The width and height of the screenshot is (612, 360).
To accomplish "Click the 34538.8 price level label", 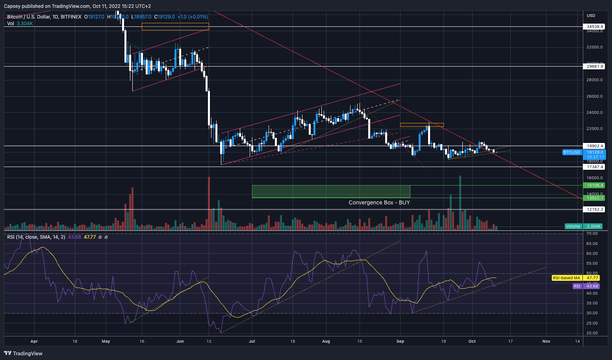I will point(594,27).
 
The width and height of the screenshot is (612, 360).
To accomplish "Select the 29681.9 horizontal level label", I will point(594,67).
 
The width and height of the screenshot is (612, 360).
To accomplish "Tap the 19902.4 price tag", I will point(594,146).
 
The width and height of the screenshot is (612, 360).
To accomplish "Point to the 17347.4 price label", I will point(594,167).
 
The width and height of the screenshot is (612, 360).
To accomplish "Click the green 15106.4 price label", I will point(594,185).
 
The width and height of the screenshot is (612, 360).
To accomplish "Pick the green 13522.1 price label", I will point(594,198).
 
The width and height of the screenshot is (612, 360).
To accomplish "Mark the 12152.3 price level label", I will point(594,209).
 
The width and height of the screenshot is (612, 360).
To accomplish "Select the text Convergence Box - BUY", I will point(379,202).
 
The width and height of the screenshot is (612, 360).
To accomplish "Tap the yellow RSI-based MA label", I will point(566,278).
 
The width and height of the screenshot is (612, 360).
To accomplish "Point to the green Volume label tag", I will point(573,226).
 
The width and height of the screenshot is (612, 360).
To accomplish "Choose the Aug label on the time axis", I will point(326,341).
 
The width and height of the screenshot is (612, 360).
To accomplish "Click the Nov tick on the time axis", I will point(546,341).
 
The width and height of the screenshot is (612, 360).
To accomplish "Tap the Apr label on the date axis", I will point(34,341).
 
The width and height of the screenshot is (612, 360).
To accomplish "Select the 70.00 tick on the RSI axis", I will point(592,234).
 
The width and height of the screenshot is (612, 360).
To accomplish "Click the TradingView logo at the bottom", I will point(23,353).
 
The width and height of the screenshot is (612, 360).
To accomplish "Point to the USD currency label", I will point(591,15).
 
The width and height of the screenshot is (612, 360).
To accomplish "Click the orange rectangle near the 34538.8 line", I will point(175,26).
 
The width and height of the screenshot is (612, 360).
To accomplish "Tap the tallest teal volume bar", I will point(460,203).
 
